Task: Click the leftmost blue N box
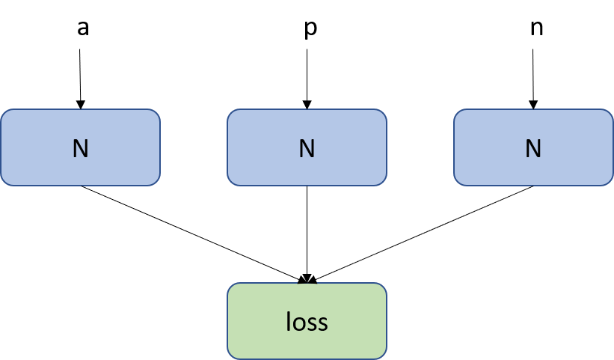point(80,147)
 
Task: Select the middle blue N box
point(307,147)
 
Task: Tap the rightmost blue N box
point(533,147)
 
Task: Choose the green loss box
point(307,321)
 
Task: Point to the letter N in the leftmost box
point(80,149)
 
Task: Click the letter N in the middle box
point(307,149)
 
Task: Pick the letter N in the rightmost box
point(533,149)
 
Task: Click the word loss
point(307,322)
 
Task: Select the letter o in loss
point(298,323)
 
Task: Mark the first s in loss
point(312,323)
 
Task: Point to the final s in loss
point(322,323)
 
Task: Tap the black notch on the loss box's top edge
point(307,284)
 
